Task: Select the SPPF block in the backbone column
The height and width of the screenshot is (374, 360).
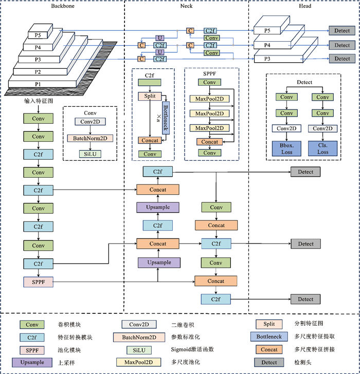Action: click(x=38, y=282)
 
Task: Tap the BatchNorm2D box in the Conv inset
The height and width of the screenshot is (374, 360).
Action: click(x=90, y=138)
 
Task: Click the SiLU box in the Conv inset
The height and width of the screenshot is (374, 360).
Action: click(x=90, y=154)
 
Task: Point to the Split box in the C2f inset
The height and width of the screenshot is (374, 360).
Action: click(x=150, y=96)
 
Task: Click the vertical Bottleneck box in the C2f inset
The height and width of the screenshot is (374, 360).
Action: click(x=166, y=117)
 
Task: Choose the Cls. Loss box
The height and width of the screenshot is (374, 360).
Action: click(x=322, y=148)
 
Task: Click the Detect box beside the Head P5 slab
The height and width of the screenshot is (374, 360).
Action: click(x=342, y=31)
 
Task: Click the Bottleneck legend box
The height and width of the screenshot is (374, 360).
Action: click(x=270, y=337)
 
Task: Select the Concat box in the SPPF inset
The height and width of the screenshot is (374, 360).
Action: click(x=209, y=142)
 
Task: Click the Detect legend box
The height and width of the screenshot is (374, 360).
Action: click(x=270, y=363)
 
